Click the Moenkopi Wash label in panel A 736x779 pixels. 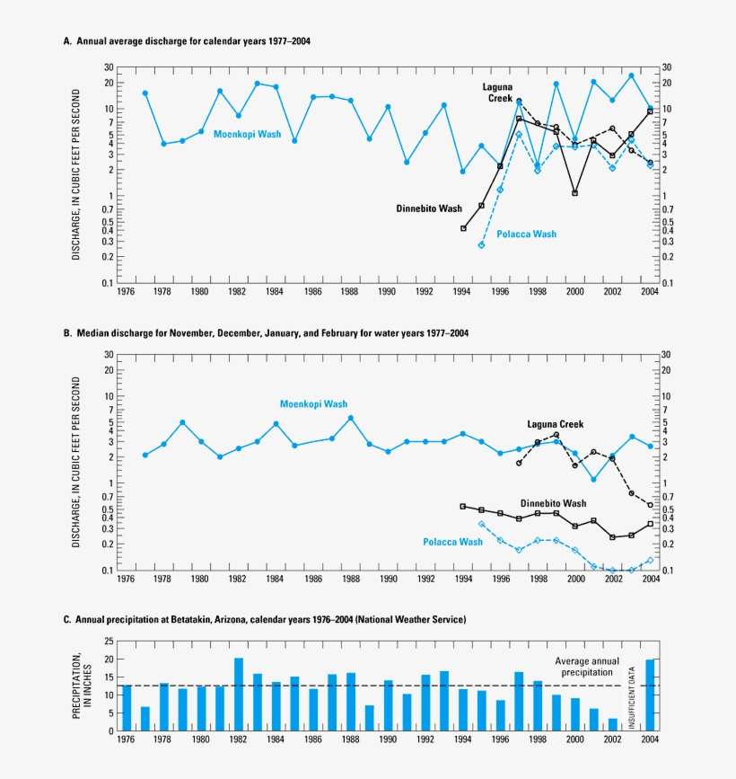coord(247,134)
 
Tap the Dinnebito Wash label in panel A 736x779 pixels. coord(429,208)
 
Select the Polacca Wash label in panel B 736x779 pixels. coord(452,542)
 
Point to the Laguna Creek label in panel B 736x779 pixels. coord(555,424)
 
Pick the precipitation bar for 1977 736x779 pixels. coord(145,719)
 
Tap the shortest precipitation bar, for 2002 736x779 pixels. coord(612,724)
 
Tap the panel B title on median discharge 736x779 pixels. coord(266,332)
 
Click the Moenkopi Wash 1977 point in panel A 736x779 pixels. coord(145,93)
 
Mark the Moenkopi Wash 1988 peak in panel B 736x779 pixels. coord(351,418)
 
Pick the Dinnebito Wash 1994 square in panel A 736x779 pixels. coord(463,228)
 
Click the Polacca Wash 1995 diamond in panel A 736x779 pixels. coord(482,244)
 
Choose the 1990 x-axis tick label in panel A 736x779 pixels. coord(387,292)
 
